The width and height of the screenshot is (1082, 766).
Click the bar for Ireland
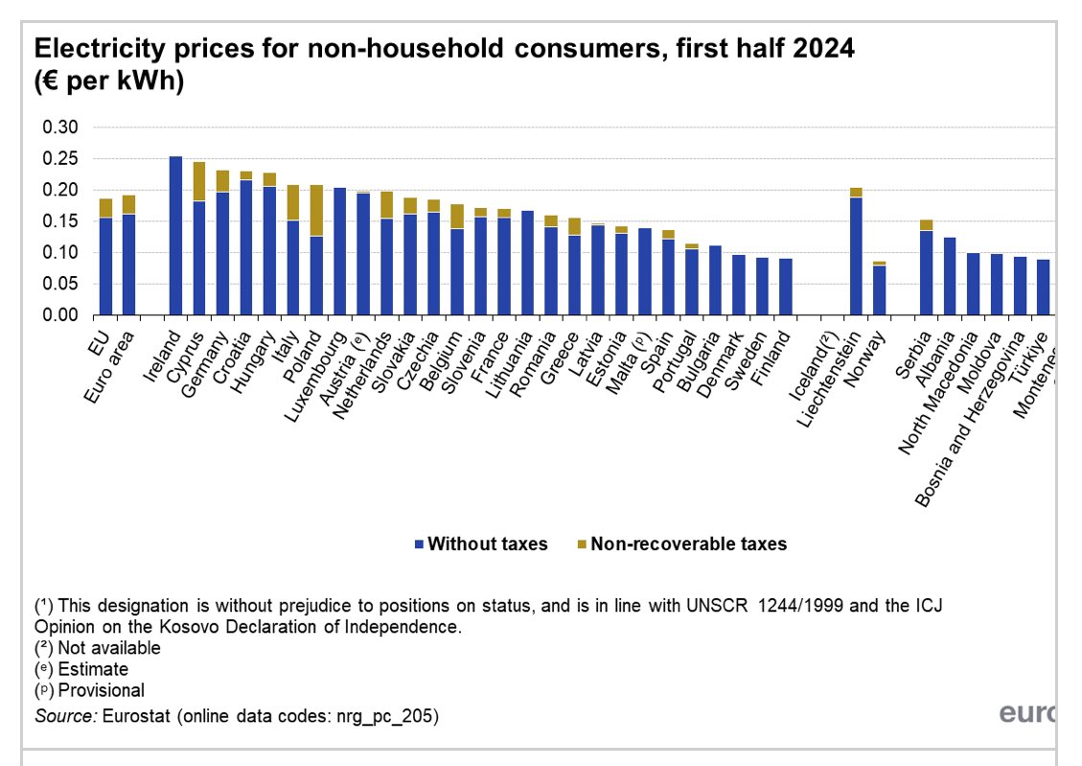175,236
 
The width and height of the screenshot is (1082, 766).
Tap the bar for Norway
879,290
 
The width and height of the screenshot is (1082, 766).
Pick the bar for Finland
786,287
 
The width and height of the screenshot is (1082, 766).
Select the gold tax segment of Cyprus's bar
199,181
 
